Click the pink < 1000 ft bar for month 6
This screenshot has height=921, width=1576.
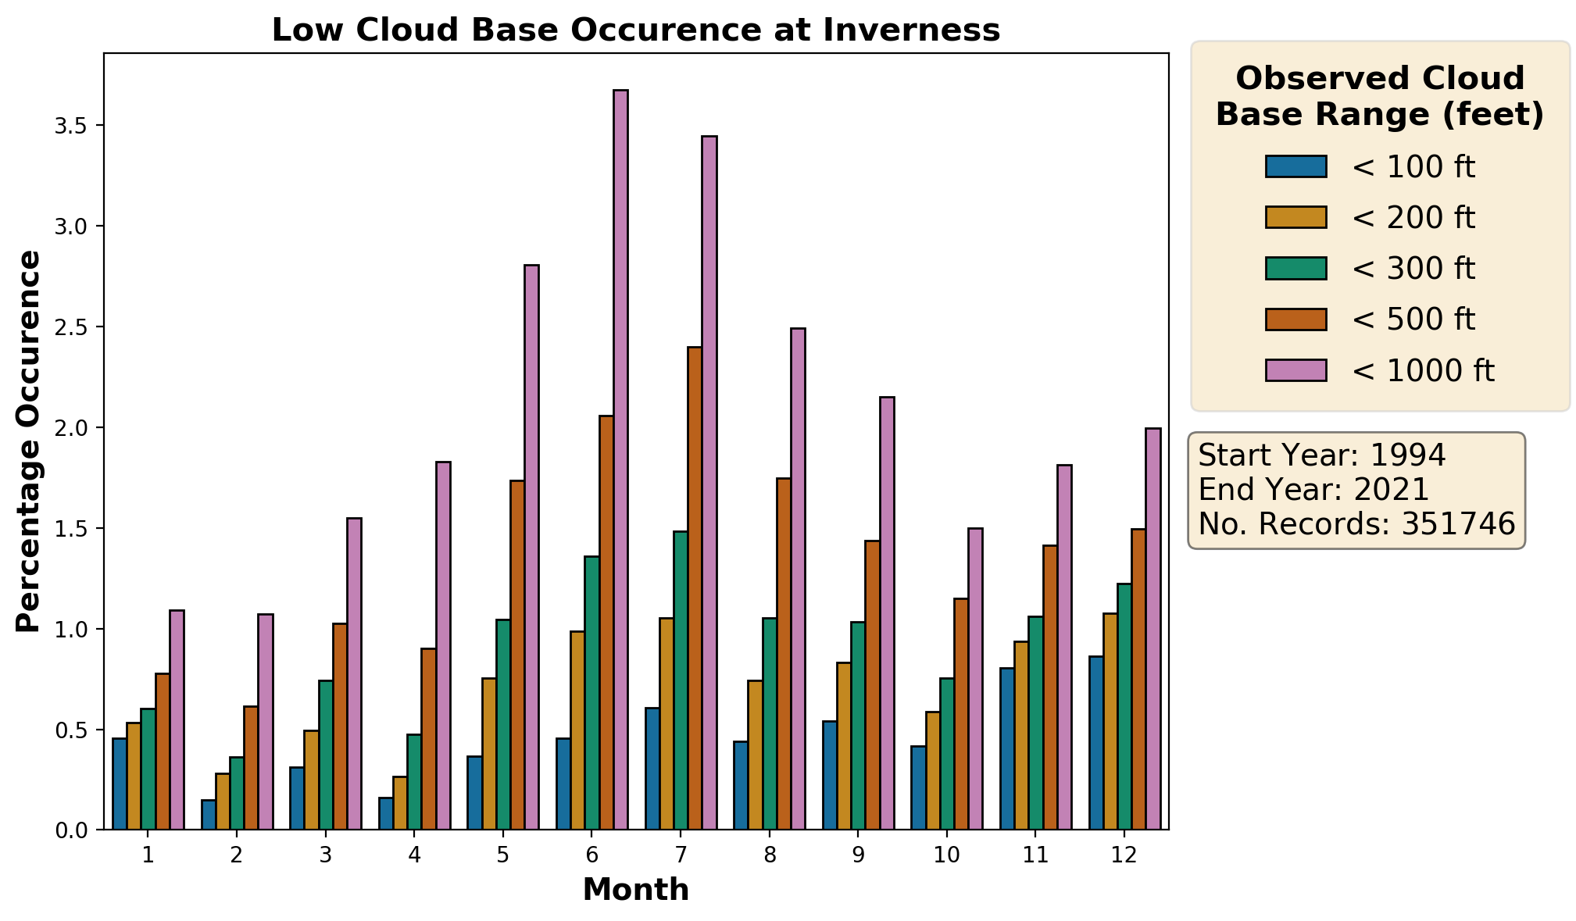click(620, 459)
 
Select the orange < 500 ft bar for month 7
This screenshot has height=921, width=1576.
click(695, 588)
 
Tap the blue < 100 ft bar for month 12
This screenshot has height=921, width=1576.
click(1096, 743)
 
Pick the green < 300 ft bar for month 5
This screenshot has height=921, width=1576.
click(503, 724)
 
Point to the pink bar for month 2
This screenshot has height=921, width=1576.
click(266, 722)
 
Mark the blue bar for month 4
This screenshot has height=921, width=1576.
click(386, 813)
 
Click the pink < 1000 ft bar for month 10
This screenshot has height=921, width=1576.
click(975, 679)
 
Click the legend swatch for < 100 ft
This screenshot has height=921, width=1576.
click(1295, 166)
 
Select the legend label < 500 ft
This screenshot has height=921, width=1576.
click(1413, 319)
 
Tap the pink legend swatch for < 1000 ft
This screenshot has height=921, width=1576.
click(1295, 370)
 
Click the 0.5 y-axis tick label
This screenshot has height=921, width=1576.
click(74, 730)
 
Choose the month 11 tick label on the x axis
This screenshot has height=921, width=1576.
click(1035, 855)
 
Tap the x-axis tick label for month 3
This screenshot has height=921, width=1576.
click(325, 855)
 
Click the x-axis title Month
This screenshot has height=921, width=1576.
click(636, 890)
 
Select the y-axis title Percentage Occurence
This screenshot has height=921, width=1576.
click(29, 441)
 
